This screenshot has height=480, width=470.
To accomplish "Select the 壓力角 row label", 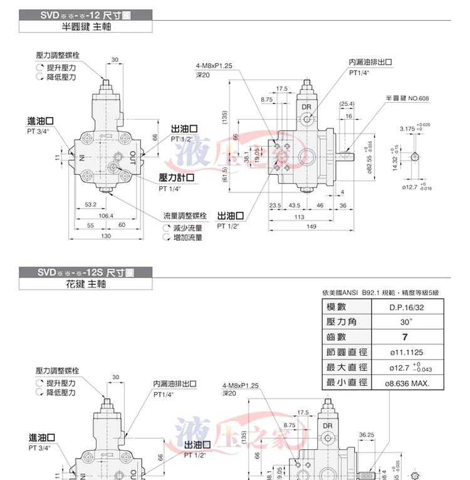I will pos(341,322).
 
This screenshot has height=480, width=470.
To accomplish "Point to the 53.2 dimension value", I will pos(91,204).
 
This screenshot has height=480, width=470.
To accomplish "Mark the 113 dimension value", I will pos(299,217).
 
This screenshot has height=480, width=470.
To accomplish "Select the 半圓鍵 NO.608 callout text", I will pos(407,99).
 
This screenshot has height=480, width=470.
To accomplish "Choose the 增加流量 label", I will pos(187,237).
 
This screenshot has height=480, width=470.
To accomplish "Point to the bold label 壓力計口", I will pos(177,178).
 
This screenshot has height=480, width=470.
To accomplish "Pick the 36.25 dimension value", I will pos(367,434).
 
